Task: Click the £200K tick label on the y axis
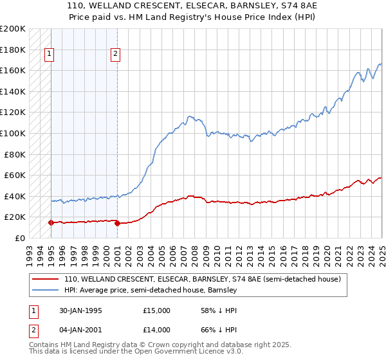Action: [13, 29]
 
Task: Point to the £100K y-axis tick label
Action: [13, 133]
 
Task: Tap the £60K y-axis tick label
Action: [15, 175]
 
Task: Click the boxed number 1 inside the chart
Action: [50, 54]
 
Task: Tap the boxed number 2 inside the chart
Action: [115, 54]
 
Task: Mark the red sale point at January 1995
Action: [51, 222]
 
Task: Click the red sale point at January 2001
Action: [117, 223]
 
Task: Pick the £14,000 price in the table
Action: [157, 332]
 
